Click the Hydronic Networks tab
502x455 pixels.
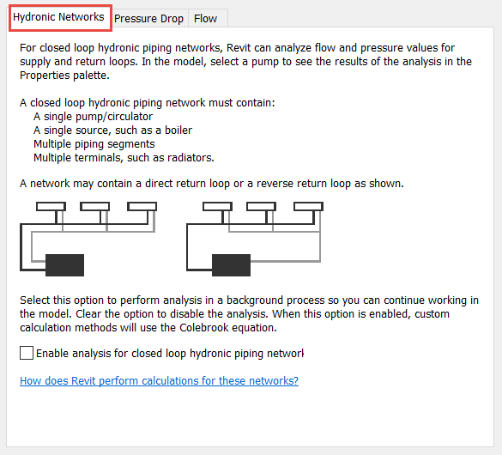(59, 17)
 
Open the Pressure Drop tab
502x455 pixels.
(148, 19)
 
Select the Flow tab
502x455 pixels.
(206, 19)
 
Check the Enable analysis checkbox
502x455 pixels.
(27, 353)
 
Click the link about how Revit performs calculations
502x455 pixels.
(159, 380)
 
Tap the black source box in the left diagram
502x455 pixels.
(64, 265)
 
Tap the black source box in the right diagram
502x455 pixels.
(231, 265)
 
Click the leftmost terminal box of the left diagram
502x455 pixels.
(51, 206)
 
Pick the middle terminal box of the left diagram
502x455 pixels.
(94, 206)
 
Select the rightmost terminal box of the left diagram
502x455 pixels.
(142, 206)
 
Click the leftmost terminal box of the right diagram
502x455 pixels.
(218, 206)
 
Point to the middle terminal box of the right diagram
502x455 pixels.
(261, 206)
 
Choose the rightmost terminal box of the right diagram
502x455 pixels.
(309, 206)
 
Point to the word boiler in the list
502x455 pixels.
(178, 130)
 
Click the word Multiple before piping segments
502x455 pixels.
(52, 144)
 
